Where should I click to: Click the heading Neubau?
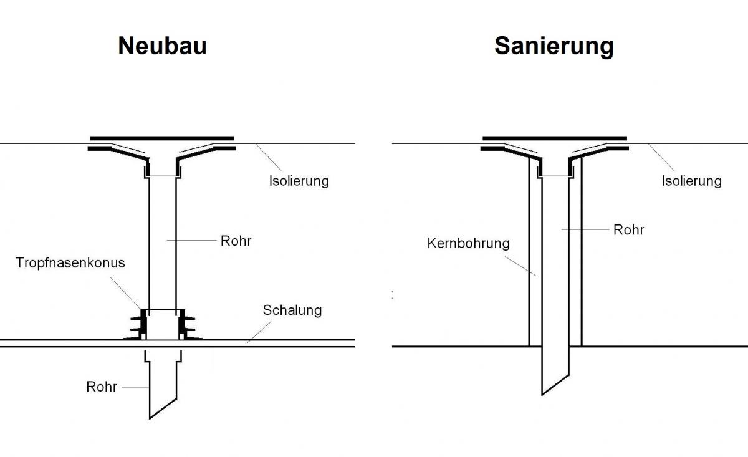(162, 46)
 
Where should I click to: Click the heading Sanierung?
(554, 46)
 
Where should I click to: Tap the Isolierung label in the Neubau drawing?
(299, 181)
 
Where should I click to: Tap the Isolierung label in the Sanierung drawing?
(691, 181)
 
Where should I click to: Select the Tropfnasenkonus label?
(70, 262)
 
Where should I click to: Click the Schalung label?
(292, 310)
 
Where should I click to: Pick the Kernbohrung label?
(468, 243)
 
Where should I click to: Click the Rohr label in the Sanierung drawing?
(628, 229)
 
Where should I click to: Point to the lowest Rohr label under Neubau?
(102, 387)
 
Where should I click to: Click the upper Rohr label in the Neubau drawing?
(236, 241)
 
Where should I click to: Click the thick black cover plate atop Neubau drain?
(162, 138)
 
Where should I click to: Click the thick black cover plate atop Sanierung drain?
(555, 138)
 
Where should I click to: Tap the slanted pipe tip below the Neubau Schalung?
(163, 405)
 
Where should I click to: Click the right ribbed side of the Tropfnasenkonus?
(186, 324)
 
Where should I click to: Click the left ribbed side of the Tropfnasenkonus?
(138, 324)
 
